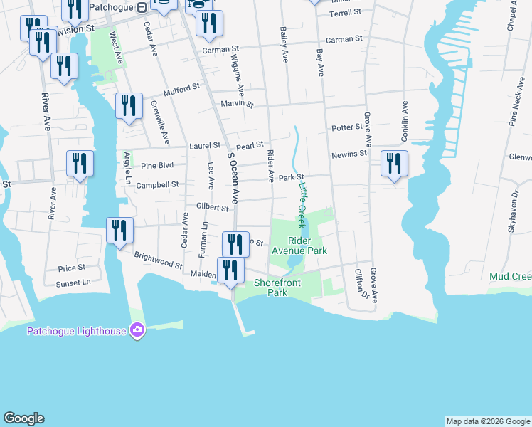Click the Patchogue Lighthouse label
click(x=76, y=330)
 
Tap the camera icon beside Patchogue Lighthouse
click(x=137, y=330)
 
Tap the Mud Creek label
click(x=511, y=276)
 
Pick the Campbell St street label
click(x=157, y=184)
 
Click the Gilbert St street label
click(x=212, y=209)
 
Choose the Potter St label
click(x=347, y=128)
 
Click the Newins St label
click(x=349, y=154)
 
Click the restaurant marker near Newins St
click(x=393, y=164)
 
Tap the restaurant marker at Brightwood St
click(x=119, y=231)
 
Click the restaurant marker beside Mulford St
click(x=129, y=106)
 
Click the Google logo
click(x=23, y=418)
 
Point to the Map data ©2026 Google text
click(x=488, y=421)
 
